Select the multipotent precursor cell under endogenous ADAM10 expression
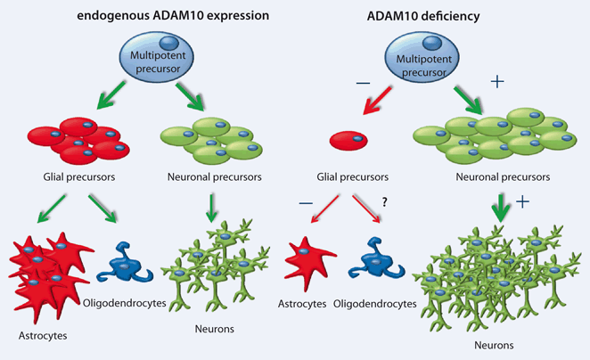pos(147,57)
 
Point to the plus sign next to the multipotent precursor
pos(497,82)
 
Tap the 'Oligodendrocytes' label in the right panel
pos(375,304)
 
